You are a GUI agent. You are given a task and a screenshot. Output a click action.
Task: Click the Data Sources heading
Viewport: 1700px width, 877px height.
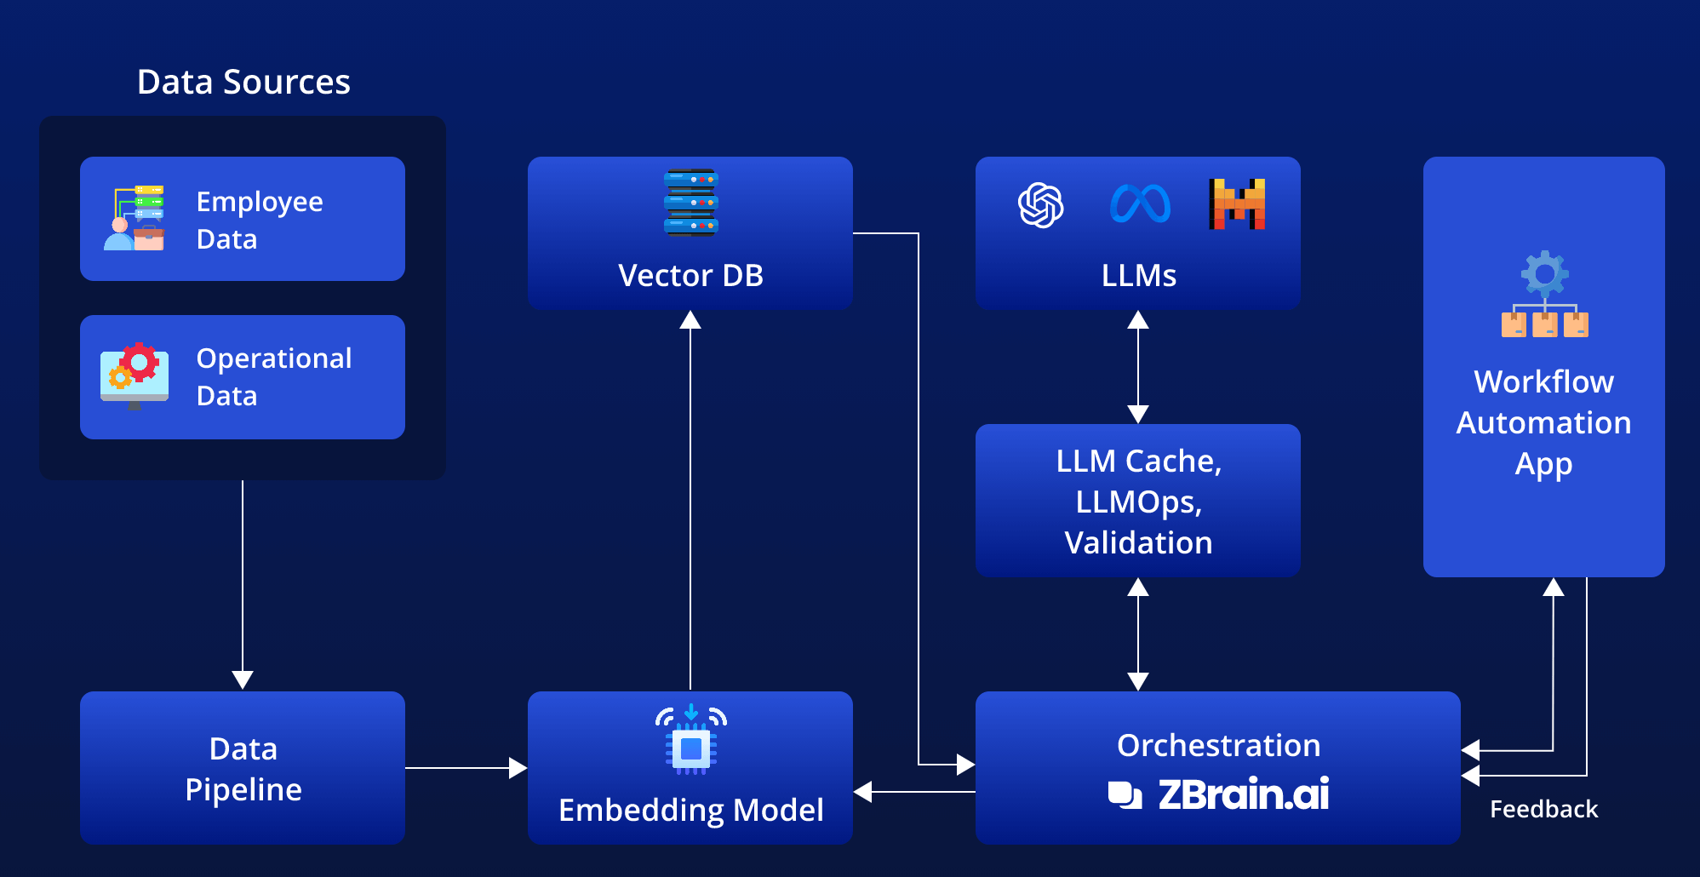click(x=243, y=82)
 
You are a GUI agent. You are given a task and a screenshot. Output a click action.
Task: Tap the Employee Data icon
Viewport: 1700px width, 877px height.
click(x=135, y=218)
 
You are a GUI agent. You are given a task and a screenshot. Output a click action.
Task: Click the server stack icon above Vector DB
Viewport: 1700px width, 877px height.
click(x=690, y=202)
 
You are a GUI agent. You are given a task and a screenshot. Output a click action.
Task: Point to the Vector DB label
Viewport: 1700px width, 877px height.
click(x=690, y=275)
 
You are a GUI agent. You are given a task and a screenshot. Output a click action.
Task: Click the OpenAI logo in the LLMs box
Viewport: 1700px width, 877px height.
click(x=1040, y=205)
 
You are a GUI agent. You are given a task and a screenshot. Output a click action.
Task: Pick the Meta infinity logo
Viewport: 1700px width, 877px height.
click(x=1140, y=205)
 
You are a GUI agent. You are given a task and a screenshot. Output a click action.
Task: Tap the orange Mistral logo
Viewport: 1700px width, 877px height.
click(x=1237, y=204)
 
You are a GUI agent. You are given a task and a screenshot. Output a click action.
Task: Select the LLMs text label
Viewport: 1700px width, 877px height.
click(x=1138, y=275)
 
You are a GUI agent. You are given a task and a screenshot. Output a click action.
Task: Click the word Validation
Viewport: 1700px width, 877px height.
click(x=1138, y=542)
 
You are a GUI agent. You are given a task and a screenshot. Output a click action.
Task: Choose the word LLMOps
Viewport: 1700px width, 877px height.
click(x=1138, y=502)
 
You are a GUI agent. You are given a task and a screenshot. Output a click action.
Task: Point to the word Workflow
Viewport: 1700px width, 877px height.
click(x=1543, y=381)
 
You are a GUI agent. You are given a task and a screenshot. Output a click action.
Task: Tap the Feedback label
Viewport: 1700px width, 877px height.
click(x=1543, y=809)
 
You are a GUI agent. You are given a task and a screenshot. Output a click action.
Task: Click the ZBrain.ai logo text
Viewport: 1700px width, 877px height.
click(x=1243, y=794)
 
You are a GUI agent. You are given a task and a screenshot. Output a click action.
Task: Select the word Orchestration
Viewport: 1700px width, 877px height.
click(x=1218, y=745)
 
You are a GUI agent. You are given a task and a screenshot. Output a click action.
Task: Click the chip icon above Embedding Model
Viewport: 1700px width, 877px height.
click(x=690, y=741)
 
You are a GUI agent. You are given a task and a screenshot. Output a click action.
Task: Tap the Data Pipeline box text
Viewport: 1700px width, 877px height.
click(x=243, y=769)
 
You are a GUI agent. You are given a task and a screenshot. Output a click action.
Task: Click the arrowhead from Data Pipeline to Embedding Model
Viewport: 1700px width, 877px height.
click(x=518, y=768)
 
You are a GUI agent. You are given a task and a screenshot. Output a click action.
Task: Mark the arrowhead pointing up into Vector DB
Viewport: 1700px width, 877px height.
click(x=690, y=320)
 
